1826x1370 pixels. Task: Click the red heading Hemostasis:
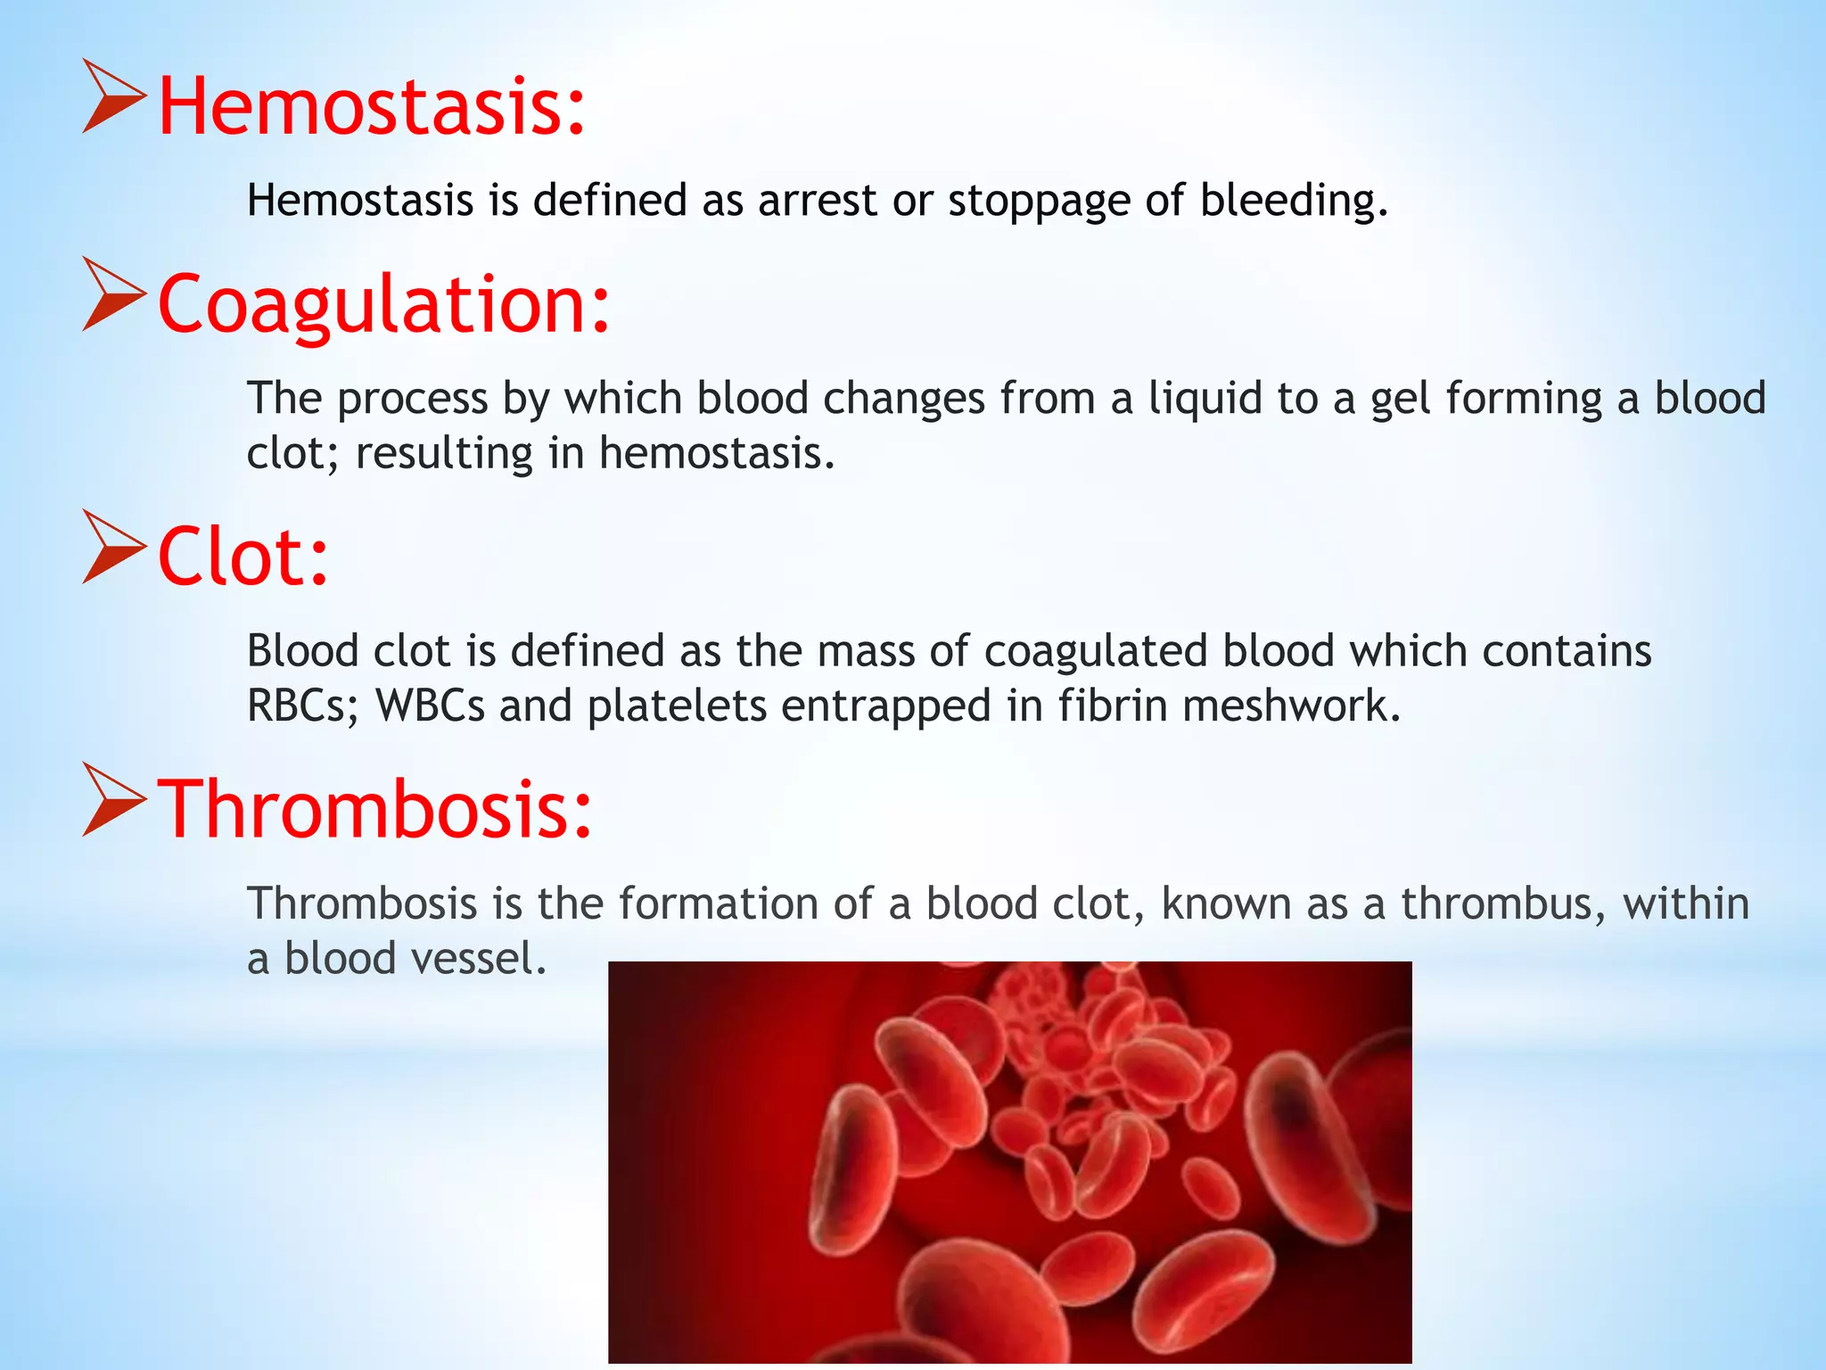371,107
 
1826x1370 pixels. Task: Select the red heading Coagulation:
383,305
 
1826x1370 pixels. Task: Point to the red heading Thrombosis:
374,809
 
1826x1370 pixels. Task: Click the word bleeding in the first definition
1293,201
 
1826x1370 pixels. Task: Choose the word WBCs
430,706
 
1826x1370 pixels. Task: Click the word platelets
677,706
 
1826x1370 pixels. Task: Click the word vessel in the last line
478,960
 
